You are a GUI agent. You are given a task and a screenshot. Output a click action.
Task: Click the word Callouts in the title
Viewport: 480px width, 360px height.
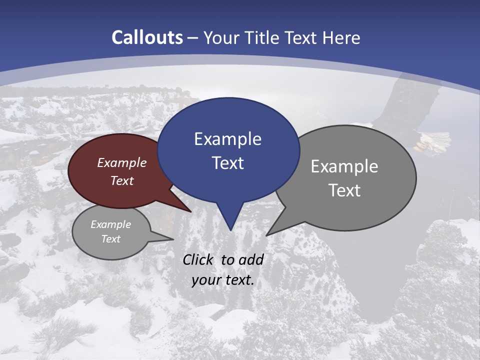click(x=147, y=37)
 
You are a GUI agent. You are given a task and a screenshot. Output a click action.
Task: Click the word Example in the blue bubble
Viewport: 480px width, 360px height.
click(x=227, y=139)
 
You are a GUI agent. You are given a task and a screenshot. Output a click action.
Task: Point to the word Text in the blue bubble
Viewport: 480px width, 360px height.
click(x=227, y=163)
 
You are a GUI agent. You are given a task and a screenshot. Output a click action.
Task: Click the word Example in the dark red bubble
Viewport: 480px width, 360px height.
click(x=122, y=163)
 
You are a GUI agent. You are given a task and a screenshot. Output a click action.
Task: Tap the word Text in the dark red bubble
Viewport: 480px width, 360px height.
click(x=122, y=181)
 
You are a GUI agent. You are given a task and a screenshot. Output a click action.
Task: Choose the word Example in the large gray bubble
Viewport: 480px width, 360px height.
click(x=344, y=166)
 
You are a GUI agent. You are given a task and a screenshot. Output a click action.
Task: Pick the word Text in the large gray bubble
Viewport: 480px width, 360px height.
click(x=344, y=190)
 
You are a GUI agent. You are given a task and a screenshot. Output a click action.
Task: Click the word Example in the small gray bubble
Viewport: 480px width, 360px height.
click(x=110, y=225)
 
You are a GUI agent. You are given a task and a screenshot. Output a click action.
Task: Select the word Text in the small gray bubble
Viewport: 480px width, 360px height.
click(x=110, y=239)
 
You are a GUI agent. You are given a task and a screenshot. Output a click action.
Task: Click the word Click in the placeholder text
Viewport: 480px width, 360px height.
click(x=199, y=260)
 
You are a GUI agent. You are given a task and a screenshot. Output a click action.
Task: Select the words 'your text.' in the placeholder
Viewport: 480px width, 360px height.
click(x=223, y=280)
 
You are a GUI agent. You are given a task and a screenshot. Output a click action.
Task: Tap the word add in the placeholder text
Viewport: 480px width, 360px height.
click(x=251, y=260)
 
